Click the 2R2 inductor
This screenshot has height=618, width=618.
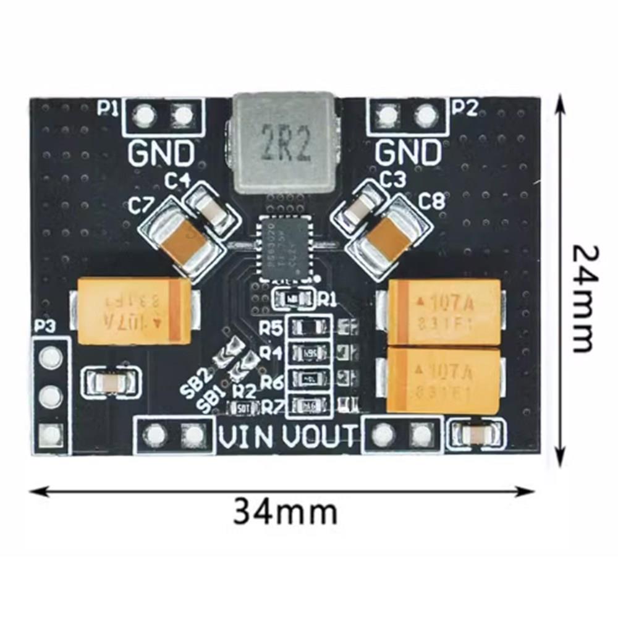click(x=285, y=144)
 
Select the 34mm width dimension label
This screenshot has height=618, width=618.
click(x=285, y=512)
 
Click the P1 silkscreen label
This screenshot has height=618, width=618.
click(x=109, y=108)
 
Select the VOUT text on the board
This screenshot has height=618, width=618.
click(x=320, y=437)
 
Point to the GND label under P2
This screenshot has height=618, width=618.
click(x=409, y=152)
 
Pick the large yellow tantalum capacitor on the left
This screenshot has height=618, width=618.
click(x=133, y=310)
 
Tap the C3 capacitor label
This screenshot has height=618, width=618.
click(x=394, y=180)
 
